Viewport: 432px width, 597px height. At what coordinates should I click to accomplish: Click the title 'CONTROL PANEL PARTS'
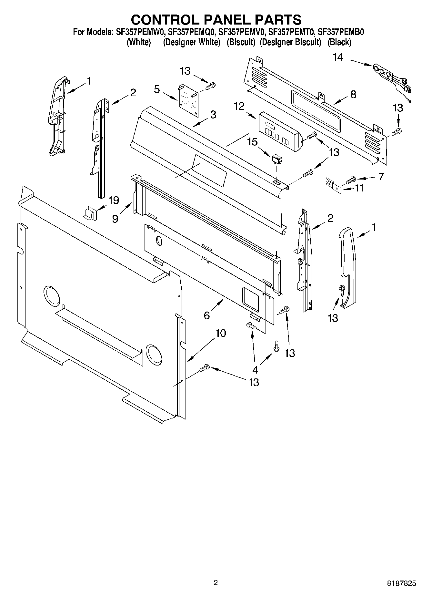click(x=216, y=20)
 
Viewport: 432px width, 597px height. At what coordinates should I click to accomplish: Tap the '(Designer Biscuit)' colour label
click(x=290, y=42)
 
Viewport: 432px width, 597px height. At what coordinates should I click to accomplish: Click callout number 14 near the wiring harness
click(x=338, y=57)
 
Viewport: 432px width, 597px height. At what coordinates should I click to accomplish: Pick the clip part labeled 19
click(x=90, y=213)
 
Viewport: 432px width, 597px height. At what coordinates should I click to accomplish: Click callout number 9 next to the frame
click(x=115, y=219)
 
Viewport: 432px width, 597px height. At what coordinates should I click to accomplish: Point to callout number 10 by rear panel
click(x=221, y=333)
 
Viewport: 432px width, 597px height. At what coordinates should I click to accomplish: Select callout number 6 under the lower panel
click(x=207, y=315)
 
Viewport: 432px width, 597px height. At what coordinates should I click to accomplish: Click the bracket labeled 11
click(x=334, y=185)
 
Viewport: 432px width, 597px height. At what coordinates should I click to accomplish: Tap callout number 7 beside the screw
click(x=381, y=176)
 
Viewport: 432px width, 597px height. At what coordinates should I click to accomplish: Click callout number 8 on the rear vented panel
click(x=353, y=94)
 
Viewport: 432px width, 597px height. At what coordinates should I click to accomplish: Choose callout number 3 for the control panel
click(x=213, y=114)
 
